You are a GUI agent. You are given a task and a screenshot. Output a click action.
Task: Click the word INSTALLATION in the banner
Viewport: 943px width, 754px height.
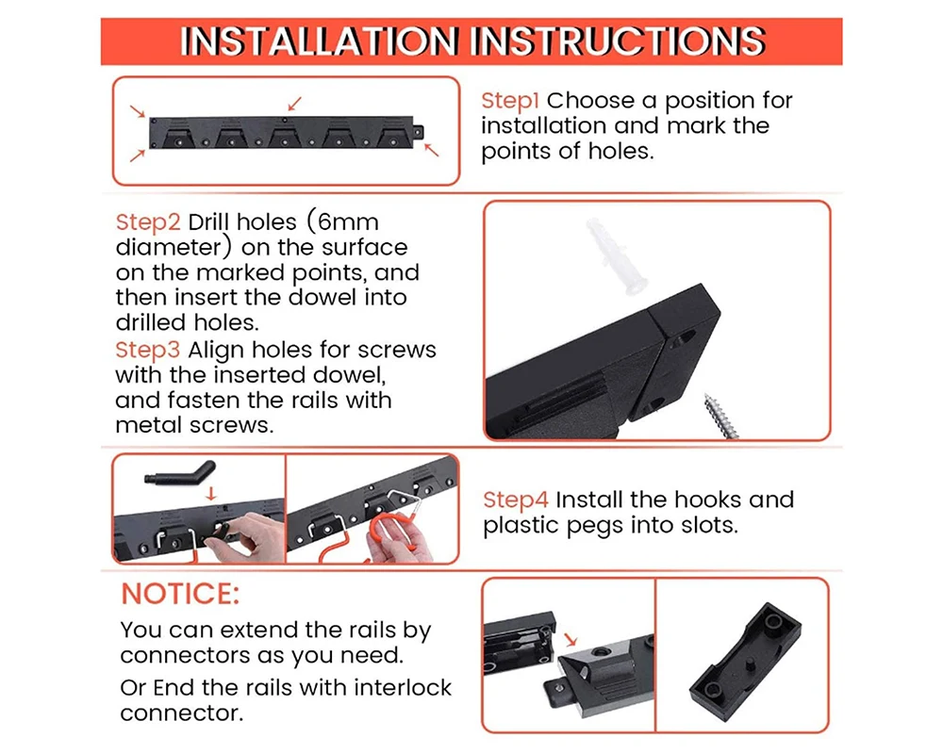click(320, 41)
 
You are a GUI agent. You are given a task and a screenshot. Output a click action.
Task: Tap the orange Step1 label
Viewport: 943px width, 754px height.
click(510, 101)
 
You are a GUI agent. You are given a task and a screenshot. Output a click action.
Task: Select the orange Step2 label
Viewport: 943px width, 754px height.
click(148, 222)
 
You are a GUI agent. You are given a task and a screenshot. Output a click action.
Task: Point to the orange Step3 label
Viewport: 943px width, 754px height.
click(148, 350)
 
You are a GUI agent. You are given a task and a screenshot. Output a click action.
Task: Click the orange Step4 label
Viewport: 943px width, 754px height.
click(516, 500)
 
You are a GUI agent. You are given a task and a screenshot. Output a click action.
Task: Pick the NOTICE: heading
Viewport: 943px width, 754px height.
click(180, 594)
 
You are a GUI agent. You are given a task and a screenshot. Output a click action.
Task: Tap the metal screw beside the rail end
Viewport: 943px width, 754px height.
click(721, 416)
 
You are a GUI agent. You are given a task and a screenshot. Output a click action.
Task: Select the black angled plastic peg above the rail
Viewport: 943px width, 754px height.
click(180, 472)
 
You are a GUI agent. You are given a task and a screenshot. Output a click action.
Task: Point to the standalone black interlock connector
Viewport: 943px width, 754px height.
click(745, 662)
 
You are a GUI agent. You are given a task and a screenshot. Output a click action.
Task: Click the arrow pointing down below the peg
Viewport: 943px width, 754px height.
click(210, 493)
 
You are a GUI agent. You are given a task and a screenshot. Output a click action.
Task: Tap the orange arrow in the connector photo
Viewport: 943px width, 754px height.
click(571, 639)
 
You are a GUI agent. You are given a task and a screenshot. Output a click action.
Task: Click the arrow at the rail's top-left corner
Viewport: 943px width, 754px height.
click(139, 112)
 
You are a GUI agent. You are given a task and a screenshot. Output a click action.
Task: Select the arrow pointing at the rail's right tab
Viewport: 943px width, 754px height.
click(431, 150)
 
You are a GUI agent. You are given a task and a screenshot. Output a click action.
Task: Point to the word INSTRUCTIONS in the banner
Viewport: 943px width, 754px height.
click(618, 41)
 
